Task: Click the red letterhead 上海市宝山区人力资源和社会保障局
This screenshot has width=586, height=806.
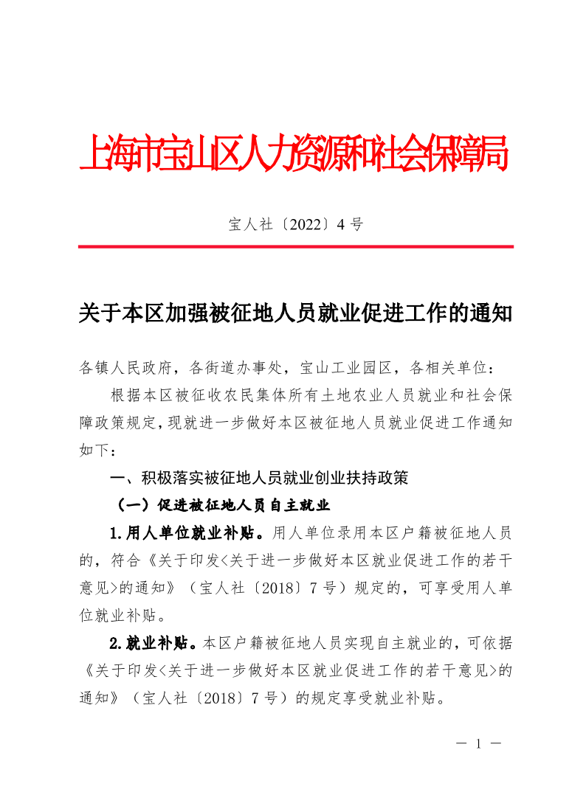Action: (x=294, y=153)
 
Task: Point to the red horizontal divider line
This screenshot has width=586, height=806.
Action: (x=295, y=246)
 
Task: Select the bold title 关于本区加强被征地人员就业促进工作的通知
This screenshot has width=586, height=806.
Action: (x=295, y=314)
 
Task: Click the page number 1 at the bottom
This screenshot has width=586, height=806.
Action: (x=479, y=744)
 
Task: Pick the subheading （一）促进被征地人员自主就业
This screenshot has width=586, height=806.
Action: (x=219, y=506)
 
